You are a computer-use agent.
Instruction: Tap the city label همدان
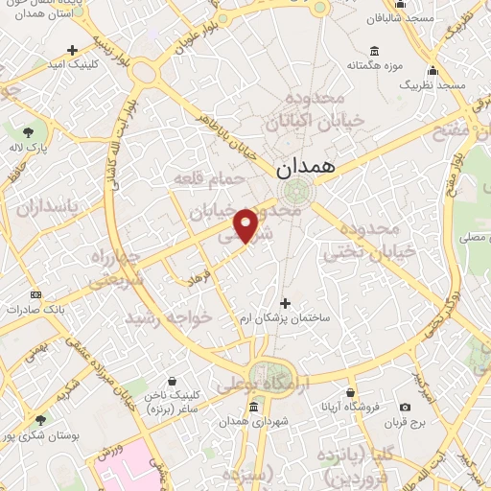305,166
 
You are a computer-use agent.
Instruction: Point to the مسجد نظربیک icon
433,70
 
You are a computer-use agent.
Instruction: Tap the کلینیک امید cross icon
73,50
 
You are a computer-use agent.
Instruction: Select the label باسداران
50,205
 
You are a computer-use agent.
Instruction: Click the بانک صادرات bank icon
36,294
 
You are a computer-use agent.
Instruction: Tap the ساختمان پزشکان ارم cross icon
284,303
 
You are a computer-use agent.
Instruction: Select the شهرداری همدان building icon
253,408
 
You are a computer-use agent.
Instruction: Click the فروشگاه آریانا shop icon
351,392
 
